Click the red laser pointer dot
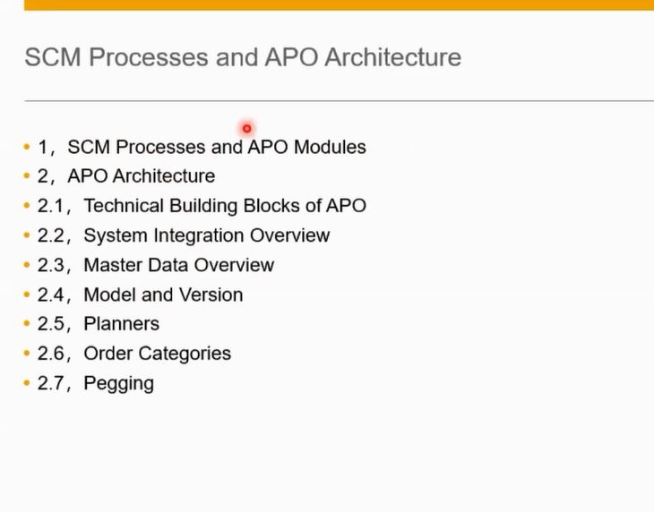tap(247, 129)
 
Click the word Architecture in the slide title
tap(393, 57)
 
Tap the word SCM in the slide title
tap(53, 57)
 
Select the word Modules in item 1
tap(330, 147)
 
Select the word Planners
tap(121, 324)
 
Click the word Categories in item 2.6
tap(185, 354)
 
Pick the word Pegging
tap(119, 384)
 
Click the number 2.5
tap(51, 324)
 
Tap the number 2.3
tap(51, 265)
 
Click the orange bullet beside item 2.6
tap(27, 354)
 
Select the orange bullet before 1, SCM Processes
tap(27, 147)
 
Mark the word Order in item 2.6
tap(108, 354)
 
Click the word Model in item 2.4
tap(109, 294)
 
